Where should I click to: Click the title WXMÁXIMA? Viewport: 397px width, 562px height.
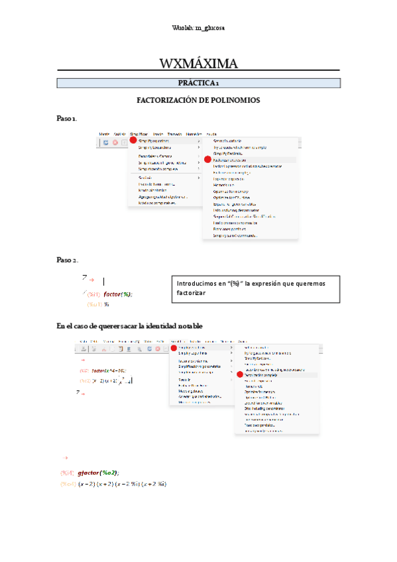pyautogui.click(x=199, y=64)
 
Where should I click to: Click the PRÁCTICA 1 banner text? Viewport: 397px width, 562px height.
pyautogui.click(x=199, y=83)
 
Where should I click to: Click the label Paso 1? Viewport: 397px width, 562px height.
pyautogui.click(x=67, y=118)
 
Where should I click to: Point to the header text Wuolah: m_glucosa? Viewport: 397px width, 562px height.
pyautogui.click(x=198, y=28)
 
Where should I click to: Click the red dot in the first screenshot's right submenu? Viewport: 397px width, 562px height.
pyautogui.click(x=207, y=160)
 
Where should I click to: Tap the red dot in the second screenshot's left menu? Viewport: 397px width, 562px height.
pyautogui.click(x=173, y=347)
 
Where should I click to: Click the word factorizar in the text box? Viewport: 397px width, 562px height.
pyautogui.click(x=192, y=293)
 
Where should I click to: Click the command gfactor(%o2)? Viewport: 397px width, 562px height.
pyautogui.click(x=98, y=473)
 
